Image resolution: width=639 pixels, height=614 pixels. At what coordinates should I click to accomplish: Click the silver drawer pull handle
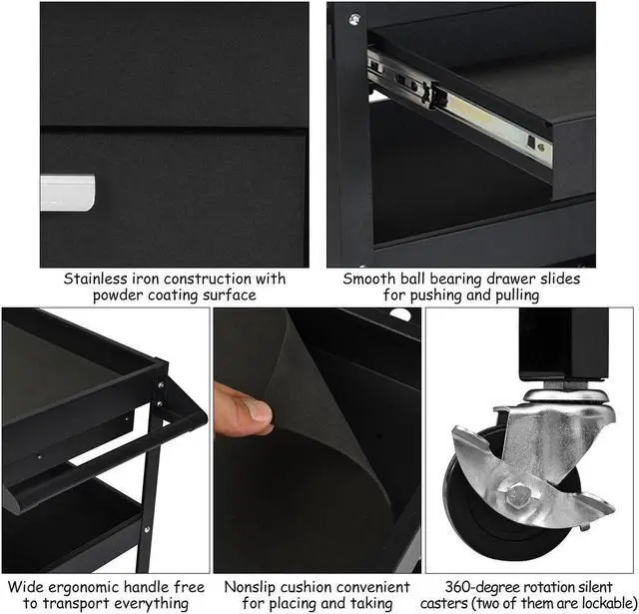68,193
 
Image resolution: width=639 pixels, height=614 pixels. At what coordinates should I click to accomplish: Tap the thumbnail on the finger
259,410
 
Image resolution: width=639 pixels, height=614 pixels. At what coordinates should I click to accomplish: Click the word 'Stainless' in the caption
95,280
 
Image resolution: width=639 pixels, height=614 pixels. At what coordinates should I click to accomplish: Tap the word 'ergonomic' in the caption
84,587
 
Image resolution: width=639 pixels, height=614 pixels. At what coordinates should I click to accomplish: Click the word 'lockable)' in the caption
610,603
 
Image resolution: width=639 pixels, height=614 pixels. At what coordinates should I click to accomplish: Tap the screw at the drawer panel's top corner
354,18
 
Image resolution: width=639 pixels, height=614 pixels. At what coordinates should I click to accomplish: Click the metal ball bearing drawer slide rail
459,108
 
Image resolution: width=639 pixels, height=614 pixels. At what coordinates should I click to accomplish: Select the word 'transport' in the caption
77,603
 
